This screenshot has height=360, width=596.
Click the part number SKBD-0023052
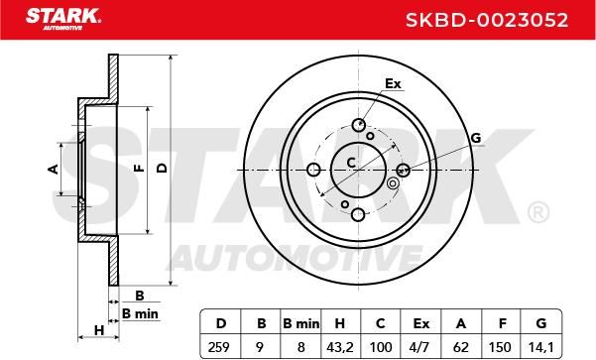487,20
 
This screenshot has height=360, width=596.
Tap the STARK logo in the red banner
63,19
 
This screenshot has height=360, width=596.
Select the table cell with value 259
219,347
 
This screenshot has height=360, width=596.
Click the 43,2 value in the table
340,347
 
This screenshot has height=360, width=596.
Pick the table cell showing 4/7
420,347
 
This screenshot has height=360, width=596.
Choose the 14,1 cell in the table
540,347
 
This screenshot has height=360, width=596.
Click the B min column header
301,323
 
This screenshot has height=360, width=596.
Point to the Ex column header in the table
421,323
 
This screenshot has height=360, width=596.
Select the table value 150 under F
500,347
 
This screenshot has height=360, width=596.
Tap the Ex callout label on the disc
393,83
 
